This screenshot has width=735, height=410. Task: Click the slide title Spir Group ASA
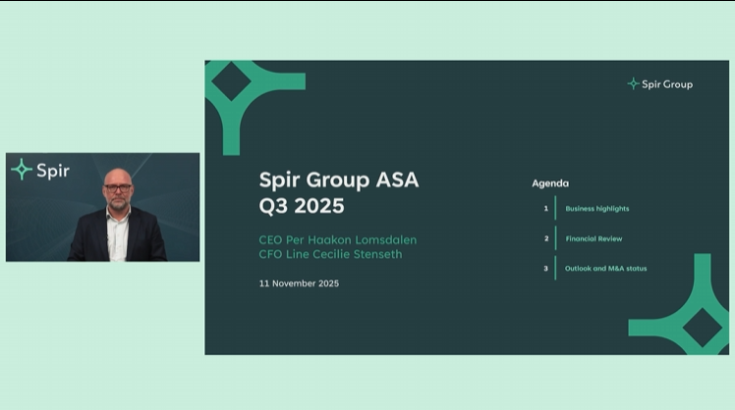(x=338, y=179)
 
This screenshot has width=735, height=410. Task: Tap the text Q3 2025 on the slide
(x=302, y=206)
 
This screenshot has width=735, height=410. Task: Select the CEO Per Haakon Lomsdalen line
(x=330, y=240)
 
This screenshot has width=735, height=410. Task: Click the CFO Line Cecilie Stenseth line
(x=330, y=255)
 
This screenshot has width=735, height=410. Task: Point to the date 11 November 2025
(x=299, y=282)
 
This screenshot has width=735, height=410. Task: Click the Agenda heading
(x=550, y=183)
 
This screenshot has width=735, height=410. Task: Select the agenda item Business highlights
(x=596, y=209)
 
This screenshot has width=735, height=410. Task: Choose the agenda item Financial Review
(x=594, y=238)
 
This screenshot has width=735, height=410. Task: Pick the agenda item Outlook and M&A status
(x=605, y=268)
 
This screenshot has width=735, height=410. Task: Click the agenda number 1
(x=545, y=209)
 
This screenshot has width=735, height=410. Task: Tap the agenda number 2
(x=545, y=238)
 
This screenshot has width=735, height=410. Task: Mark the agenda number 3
(x=545, y=268)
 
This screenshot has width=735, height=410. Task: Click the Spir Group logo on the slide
(x=659, y=84)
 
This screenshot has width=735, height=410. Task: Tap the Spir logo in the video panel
(x=40, y=170)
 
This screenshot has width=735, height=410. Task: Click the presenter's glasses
(x=117, y=187)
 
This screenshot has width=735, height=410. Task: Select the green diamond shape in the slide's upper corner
(x=233, y=83)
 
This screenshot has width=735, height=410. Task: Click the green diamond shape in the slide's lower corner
(x=704, y=327)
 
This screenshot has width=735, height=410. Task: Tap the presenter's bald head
(x=117, y=176)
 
